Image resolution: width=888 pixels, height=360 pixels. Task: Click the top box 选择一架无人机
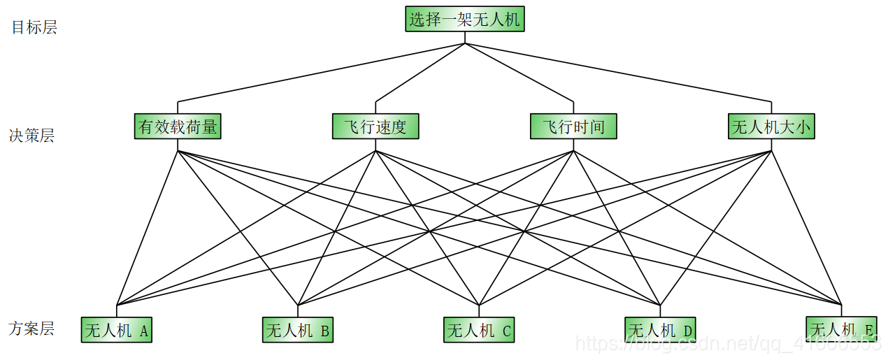464,19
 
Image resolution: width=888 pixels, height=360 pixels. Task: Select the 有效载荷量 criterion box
178,127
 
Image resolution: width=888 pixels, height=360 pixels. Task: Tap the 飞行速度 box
375,127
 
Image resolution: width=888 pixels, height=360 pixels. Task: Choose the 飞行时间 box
573,127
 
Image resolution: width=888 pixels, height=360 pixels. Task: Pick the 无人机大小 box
771,127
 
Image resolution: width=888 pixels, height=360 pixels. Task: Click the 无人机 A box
117,330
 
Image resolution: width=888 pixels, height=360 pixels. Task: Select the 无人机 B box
298,330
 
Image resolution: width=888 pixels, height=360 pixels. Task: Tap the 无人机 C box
479,330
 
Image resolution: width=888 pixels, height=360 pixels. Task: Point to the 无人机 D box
660,330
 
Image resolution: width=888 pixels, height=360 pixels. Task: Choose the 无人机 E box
841,330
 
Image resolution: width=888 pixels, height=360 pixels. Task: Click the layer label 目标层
34,27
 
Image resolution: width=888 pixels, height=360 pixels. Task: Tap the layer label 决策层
31,136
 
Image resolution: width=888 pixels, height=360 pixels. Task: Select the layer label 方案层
31,328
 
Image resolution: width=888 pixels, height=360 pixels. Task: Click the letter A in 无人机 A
143,331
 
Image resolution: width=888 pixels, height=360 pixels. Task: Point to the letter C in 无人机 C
506,331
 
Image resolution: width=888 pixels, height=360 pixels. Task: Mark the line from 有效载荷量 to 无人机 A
148,227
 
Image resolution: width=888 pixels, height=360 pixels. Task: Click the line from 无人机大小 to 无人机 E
806,227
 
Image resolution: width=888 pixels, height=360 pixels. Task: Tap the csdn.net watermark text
727,343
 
